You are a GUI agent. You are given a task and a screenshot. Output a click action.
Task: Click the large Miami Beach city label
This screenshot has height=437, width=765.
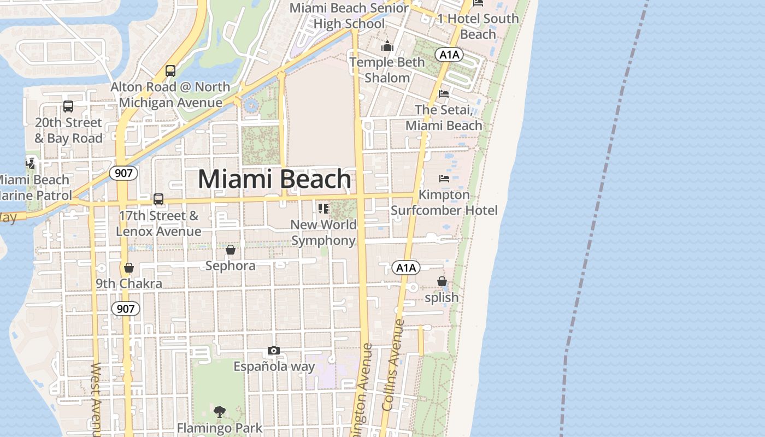click(274, 179)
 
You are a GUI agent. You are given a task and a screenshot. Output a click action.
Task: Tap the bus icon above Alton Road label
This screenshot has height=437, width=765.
click(170, 70)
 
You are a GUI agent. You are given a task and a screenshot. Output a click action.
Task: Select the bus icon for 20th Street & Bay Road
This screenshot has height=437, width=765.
click(68, 107)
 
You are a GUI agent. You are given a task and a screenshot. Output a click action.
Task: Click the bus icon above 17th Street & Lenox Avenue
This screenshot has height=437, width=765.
click(158, 199)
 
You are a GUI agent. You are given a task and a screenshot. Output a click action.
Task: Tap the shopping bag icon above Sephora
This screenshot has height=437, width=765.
click(231, 250)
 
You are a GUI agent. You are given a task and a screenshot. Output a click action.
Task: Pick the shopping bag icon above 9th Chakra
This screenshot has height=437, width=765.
click(129, 268)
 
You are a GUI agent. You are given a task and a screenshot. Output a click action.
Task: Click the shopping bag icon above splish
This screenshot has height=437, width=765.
click(442, 281)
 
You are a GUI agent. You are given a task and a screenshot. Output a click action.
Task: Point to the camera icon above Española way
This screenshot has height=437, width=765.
click(274, 350)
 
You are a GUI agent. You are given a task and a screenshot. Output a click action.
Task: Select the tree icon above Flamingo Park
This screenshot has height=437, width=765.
click(220, 411)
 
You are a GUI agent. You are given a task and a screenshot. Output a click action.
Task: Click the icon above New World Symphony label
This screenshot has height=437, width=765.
click(323, 208)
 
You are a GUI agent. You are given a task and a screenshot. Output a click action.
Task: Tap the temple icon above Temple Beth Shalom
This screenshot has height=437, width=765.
click(387, 46)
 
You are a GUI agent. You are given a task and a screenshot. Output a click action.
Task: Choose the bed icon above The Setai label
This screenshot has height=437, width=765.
click(444, 94)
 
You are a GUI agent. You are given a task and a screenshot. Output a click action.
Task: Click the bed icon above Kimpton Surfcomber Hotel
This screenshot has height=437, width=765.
click(444, 179)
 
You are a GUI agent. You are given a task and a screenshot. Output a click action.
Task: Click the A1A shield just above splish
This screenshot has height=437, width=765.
click(406, 268)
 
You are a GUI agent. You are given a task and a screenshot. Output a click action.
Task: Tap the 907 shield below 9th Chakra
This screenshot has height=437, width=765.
click(126, 309)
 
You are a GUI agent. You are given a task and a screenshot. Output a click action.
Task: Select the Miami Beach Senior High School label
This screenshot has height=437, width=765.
click(349, 16)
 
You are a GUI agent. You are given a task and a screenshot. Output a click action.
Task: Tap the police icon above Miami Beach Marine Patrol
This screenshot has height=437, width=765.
click(31, 162)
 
